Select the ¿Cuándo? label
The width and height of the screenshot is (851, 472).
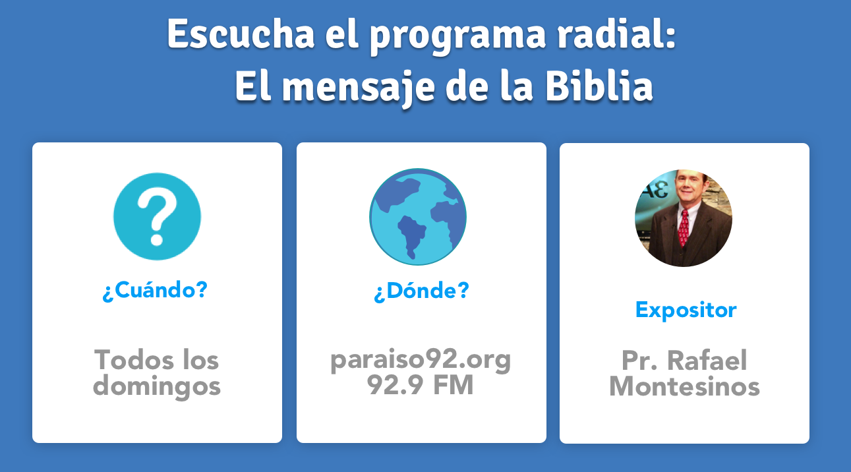[155, 291]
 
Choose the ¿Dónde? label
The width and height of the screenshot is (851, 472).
[421, 291]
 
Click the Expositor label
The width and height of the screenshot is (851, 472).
[686, 310]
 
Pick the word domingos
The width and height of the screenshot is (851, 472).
[157, 386]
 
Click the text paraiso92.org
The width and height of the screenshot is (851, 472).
[421, 360]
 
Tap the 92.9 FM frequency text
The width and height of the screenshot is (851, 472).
[421, 386]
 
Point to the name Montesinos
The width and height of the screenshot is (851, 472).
[684, 386]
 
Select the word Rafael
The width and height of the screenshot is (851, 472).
[707, 361]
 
